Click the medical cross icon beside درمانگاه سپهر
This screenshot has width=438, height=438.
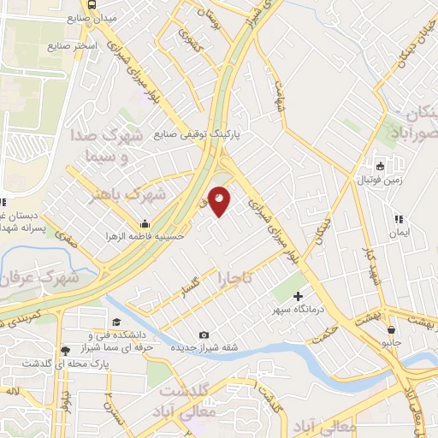tap(298, 295)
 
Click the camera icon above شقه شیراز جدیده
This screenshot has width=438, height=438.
tap(204, 334)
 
